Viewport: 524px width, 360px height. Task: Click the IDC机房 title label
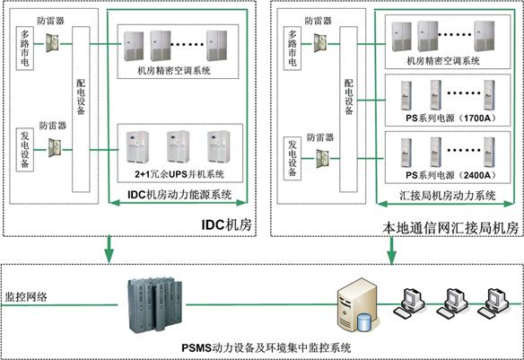click(x=226, y=224)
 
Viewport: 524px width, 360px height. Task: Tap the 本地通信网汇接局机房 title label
click(x=450, y=228)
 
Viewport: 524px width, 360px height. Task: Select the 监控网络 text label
click(x=26, y=297)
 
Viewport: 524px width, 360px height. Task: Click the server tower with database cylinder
click(x=358, y=305)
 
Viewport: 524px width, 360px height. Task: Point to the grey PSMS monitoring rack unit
click(x=154, y=305)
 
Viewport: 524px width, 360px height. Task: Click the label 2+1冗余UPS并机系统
click(x=179, y=174)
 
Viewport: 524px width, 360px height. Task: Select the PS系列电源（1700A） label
click(x=451, y=119)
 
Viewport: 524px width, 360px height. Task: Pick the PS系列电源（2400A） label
click(x=451, y=175)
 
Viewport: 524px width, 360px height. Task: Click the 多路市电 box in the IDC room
click(x=25, y=48)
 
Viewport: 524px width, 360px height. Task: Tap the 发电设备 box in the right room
click(x=293, y=158)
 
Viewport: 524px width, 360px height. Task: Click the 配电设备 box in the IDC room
click(x=82, y=110)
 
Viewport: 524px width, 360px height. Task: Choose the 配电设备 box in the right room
click(x=348, y=110)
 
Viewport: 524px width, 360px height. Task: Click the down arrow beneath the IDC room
click(x=109, y=249)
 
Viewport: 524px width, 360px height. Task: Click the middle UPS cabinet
click(x=179, y=146)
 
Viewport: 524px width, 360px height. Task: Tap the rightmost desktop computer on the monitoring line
click(x=493, y=303)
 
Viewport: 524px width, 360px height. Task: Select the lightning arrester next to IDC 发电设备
click(x=55, y=148)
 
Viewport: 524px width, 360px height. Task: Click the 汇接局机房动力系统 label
click(x=448, y=196)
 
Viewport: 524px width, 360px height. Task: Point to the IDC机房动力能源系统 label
click(x=179, y=195)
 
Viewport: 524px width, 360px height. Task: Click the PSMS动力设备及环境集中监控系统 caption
click(x=266, y=347)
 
